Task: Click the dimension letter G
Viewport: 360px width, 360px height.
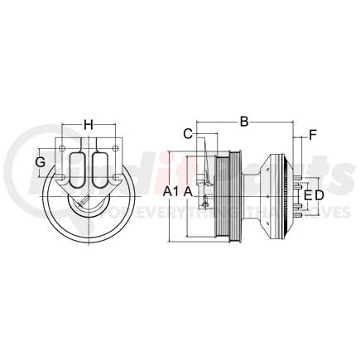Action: pos(40,161)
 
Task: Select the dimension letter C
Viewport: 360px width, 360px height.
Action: pos(188,132)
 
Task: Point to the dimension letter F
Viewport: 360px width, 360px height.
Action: pos(314,133)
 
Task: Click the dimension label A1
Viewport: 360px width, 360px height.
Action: pos(170,191)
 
